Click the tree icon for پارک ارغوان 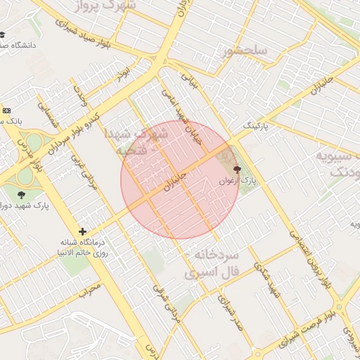pyautogui.click(x=236, y=169)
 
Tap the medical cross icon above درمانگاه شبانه pyautogui.click(x=83, y=231)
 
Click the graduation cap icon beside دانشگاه pyautogui.click(x=2, y=34)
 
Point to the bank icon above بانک pyautogui.click(x=6, y=110)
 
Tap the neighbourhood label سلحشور pyautogui.click(x=245, y=51)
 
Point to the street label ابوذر pyautogui.click(x=124, y=72)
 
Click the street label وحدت pyautogui.click(x=80, y=95)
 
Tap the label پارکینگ pyautogui.click(x=255, y=126)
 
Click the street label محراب pyautogui.click(x=91, y=288)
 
